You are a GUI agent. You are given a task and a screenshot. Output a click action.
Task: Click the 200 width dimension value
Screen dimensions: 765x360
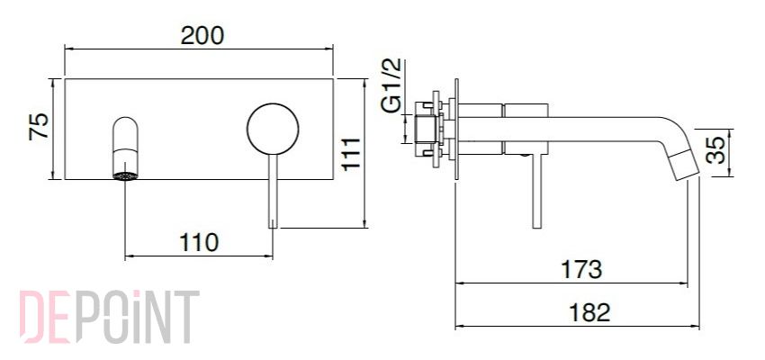click(x=202, y=36)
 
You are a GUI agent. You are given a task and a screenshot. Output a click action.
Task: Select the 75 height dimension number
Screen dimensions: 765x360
click(x=39, y=126)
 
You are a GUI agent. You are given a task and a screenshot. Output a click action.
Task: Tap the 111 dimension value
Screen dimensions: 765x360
click(x=351, y=154)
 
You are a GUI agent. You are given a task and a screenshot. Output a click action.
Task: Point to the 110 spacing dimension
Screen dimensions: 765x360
click(x=199, y=242)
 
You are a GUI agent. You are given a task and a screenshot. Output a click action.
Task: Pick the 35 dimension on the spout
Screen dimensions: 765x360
click(x=715, y=150)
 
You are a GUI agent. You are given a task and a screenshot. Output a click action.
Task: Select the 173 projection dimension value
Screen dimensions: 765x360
click(x=581, y=269)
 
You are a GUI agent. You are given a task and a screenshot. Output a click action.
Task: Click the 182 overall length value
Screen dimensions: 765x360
click(x=589, y=312)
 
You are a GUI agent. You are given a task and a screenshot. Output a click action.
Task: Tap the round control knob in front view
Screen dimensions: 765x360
click(x=273, y=130)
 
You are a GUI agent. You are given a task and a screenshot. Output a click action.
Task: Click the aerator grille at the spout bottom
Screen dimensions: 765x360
click(x=125, y=176)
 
